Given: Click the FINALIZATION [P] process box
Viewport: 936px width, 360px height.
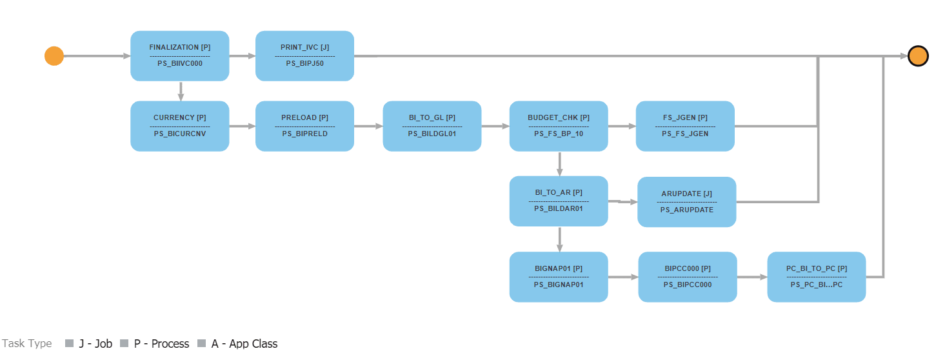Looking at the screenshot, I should pos(180,55).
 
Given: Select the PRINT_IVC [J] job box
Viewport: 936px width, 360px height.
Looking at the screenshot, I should pos(304,55).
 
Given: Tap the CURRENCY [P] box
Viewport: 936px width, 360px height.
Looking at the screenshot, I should pos(180,126).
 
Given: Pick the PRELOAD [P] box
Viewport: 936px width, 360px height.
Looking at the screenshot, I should pos(304,126).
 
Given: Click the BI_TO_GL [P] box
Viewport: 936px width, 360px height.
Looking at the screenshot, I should pos(432,126).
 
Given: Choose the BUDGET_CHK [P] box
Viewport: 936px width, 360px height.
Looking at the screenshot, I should pos(559,126).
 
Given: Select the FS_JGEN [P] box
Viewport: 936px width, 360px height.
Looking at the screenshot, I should pos(685,126).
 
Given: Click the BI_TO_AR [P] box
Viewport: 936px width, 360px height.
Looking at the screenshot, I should pos(559,201).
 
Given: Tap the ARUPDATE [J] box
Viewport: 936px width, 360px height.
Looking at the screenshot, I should pos(686,201).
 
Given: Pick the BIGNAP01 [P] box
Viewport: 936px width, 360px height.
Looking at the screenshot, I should pos(559,276).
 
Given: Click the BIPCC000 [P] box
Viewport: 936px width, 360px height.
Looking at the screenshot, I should pos(688,276).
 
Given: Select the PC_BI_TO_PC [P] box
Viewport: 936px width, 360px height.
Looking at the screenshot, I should pos(816,276).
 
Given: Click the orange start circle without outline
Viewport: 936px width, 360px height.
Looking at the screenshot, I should pos(54,56).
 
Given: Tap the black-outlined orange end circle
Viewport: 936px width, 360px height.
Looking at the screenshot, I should pos(917,56).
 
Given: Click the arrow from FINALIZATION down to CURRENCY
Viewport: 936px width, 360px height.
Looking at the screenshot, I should pos(181,91).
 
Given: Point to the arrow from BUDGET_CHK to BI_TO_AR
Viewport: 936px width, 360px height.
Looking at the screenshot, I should pos(559,164).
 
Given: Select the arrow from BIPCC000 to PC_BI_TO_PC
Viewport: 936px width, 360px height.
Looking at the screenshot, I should pos(752,277).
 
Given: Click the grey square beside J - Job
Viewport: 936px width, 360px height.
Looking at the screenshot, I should pos(70,344).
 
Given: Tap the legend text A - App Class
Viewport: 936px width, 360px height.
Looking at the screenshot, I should pos(244,344).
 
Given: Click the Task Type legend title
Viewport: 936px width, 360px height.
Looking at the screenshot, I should pos(27,344).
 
